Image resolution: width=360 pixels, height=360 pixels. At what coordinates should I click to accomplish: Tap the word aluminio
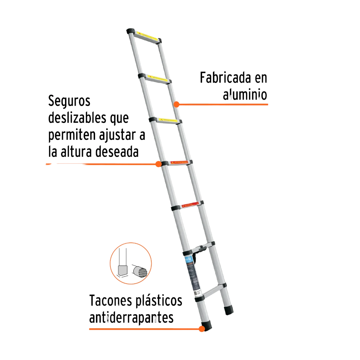tap(245, 95)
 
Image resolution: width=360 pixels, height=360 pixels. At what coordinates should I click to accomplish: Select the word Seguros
tap(69, 100)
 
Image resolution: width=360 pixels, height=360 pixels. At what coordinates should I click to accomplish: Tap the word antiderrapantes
tap(131, 317)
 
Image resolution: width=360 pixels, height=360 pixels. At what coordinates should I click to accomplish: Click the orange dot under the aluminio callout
tap(177, 104)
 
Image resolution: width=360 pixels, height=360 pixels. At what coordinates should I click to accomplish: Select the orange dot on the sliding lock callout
tap(158, 164)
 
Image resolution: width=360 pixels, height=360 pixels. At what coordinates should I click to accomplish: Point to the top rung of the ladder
tap(147, 37)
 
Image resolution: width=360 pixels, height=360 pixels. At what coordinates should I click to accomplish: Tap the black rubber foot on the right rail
tap(229, 309)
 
